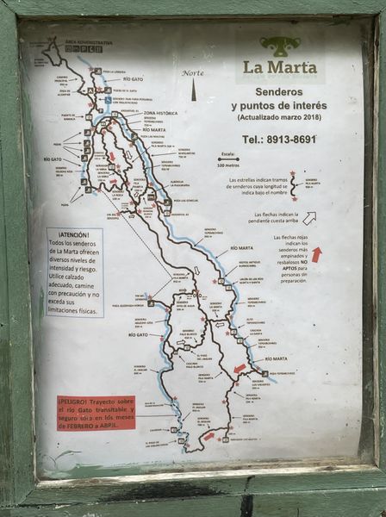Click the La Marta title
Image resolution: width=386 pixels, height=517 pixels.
click(x=279, y=67)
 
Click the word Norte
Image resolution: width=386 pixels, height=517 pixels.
click(x=193, y=73)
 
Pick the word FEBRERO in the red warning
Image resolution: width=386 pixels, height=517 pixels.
click(x=77, y=425)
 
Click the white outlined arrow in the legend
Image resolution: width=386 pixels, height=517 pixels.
click(x=310, y=217)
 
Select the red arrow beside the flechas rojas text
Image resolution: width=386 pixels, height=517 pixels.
click(x=316, y=254)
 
